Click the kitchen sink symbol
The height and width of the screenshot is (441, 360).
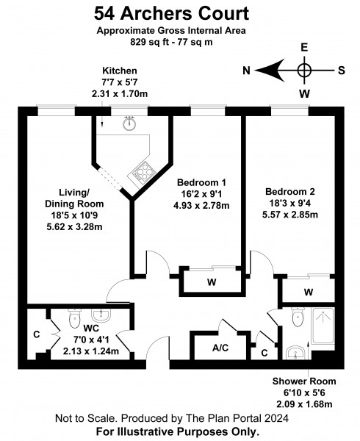pyautogui.click(x=129, y=123)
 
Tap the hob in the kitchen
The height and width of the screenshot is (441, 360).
pyautogui.click(x=143, y=171)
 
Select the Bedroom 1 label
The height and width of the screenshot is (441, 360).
pyautogui.click(x=201, y=182)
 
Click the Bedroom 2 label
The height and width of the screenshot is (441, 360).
pyautogui.click(x=290, y=192)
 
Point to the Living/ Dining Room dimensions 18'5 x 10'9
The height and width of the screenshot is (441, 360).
pyautogui.click(x=74, y=215)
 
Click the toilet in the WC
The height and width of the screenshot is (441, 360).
pyautogui.click(x=75, y=318)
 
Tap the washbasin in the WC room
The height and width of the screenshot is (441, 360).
pyautogui.click(x=101, y=315)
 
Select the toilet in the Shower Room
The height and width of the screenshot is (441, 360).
pyautogui.click(x=298, y=317)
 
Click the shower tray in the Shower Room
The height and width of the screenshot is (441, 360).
pyautogui.click(x=323, y=326)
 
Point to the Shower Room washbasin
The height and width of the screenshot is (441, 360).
pyautogui.click(x=295, y=353)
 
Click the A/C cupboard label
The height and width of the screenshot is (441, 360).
pyautogui.click(x=220, y=348)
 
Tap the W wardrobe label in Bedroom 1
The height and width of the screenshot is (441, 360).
pyautogui.click(x=212, y=282)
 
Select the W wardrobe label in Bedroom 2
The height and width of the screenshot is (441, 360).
pyautogui.click(x=309, y=293)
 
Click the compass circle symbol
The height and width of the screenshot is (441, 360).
pyautogui.click(x=305, y=70)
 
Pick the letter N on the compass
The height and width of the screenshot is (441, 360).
pyautogui.click(x=246, y=71)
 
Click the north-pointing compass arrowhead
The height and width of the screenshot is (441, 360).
pyautogui.click(x=270, y=70)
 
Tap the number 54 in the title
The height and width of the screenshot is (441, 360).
pyautogui.click(x=104, y=13)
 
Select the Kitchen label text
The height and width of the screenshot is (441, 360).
pyautogui.click(x=120, y=71)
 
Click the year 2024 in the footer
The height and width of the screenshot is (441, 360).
pyautogui.click(x=276, y=418)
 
